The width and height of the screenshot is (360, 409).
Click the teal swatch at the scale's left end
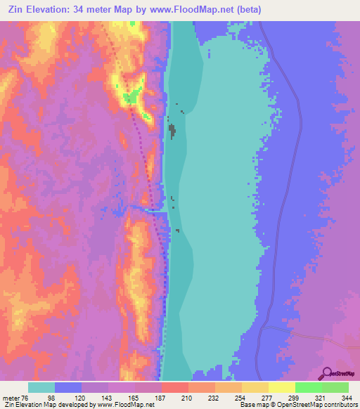[41, 387]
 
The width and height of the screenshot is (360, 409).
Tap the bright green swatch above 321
[309, 387]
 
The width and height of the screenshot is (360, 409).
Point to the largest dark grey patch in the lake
[172, 131]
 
